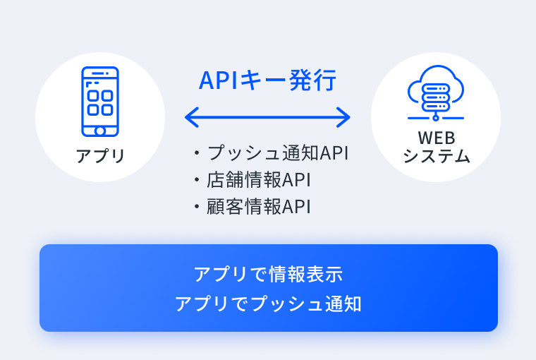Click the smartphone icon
[x=100, y=102]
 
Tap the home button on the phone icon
[x=100, y=131]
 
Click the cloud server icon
[x=436, y=92]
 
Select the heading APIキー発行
[x=268, y=80]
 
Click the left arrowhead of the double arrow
[x=191, y=117]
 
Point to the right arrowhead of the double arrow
[x=343, y=117]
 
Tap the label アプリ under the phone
[x=100, y=156]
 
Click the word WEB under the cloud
[x=436, y=138]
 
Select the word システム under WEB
[x=437, y=156]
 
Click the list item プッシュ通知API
[x=278, y=152]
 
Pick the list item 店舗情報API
[x=259, y=180]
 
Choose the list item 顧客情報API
[x=259, y=206]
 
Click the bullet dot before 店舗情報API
[x=197, y=180]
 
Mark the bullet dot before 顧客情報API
[x=197, y=206]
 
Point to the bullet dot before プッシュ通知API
[x=197, y=152]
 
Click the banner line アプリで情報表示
[x=268, y=274]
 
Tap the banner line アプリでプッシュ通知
[x=268, y=304]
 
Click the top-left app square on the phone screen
[x=93, y=95]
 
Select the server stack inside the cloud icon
[x=436, y=97]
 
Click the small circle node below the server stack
[x=436, y=118]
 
